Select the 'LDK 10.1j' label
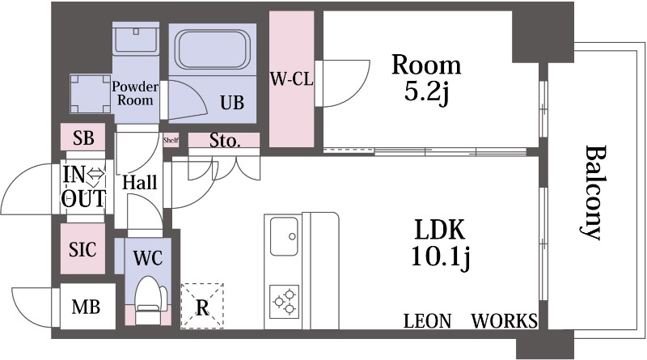[x=440, y=242]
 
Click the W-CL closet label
[x=290, y=79]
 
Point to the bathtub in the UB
[x=213, y=53]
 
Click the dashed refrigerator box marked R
[x=202, y=305]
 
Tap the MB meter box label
[x=86, y=307]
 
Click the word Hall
[x=139, y=184]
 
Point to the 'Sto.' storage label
[x=225, y=141]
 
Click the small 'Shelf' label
[x=170, y=139]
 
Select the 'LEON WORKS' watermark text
[x=470, y=320]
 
